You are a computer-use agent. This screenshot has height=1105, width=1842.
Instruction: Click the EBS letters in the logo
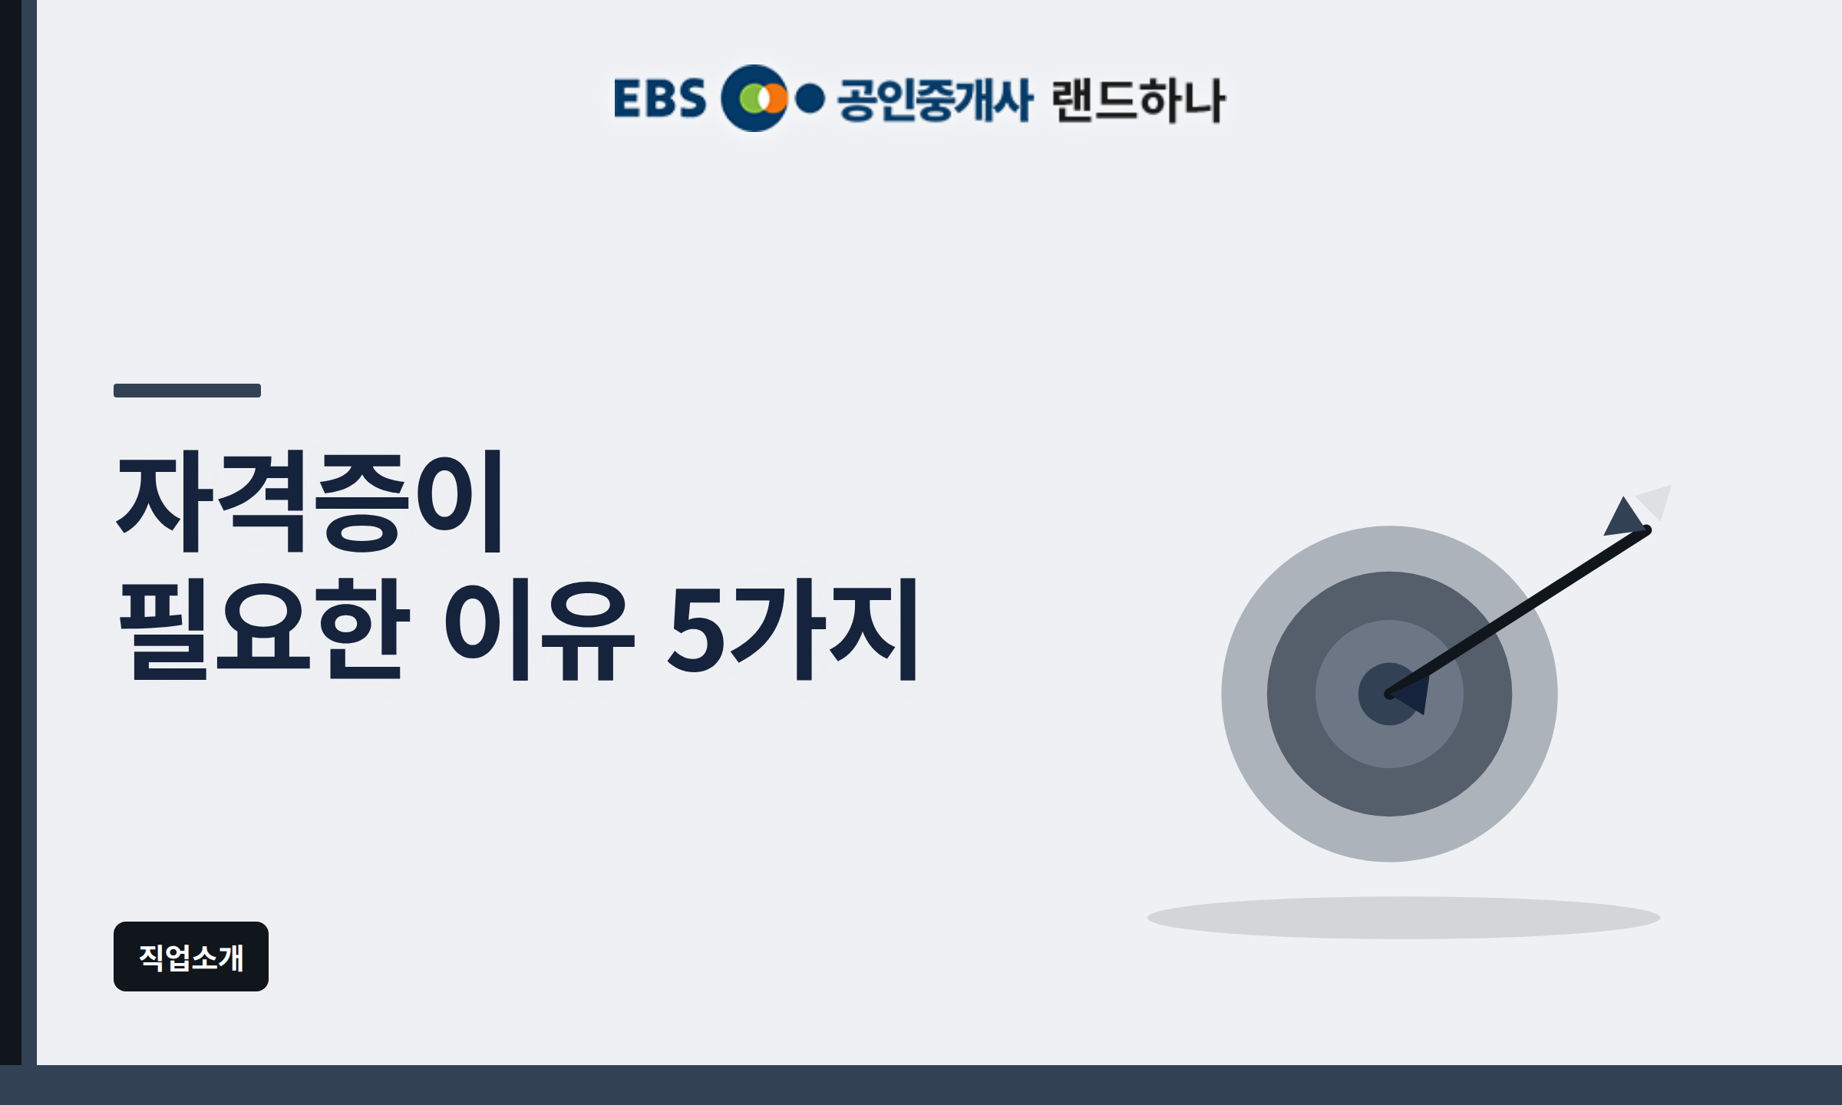[660, 98]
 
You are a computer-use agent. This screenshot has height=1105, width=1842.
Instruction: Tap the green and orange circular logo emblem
[755, 98]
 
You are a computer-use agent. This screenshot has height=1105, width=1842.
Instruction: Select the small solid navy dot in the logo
[810, 99]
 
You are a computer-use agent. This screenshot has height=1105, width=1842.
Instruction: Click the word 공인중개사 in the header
[935, 99]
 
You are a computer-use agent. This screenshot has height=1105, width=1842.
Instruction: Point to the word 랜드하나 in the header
[1139, 100]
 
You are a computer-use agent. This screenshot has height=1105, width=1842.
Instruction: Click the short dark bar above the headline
[187, 391]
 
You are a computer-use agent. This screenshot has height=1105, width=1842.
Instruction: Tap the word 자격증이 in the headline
[309, 500]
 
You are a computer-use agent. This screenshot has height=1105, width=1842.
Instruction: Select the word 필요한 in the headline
[265, 629]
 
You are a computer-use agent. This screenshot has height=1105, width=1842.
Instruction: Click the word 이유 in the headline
[540, 629]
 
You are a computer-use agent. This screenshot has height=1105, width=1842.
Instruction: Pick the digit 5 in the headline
[695, 630]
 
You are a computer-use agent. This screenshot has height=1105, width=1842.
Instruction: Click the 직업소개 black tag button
[191, 956]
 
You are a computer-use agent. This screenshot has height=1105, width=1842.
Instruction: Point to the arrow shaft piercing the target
[1517, 612]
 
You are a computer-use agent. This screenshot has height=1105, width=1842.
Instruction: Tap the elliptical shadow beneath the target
[1404, 918]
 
